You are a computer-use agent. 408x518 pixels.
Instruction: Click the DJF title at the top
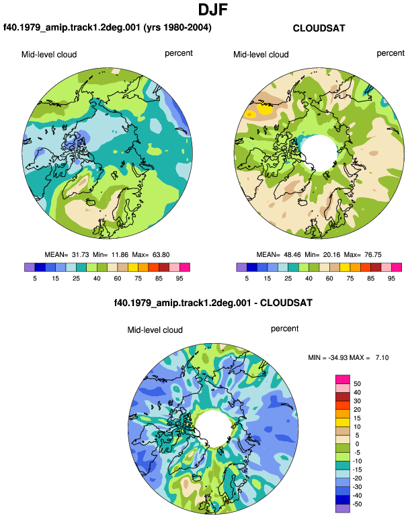click(213, 9)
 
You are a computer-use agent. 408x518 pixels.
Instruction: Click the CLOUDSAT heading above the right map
click(319, 28)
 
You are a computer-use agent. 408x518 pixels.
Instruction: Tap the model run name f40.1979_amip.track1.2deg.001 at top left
click(72, 27)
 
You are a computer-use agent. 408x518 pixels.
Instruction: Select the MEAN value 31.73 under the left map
click(80, 255)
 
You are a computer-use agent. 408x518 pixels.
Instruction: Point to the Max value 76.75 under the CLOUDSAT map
click(372, 255)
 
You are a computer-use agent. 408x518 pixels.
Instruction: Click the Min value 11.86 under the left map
click(120, 255)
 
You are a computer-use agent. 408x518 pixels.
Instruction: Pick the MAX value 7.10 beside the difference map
click(382, 357)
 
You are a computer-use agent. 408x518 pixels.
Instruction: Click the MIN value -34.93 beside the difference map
click(338, 357)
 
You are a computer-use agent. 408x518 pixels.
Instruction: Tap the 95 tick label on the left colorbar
click(179, 279)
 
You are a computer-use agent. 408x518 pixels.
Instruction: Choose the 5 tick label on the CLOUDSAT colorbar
click(247, 279)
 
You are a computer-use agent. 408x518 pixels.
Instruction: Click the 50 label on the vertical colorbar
click(357, 384)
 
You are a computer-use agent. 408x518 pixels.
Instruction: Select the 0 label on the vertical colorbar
click(357, 444)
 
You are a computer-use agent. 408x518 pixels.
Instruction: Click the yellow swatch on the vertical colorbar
click(343, 422)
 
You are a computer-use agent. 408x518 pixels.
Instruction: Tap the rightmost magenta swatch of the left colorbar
click(185, 267)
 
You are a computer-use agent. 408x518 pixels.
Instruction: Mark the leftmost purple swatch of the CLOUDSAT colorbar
click(241, 267)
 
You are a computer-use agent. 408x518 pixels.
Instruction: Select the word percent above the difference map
click(284, 329)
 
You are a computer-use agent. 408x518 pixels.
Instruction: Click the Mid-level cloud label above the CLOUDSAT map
click(261, 54)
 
